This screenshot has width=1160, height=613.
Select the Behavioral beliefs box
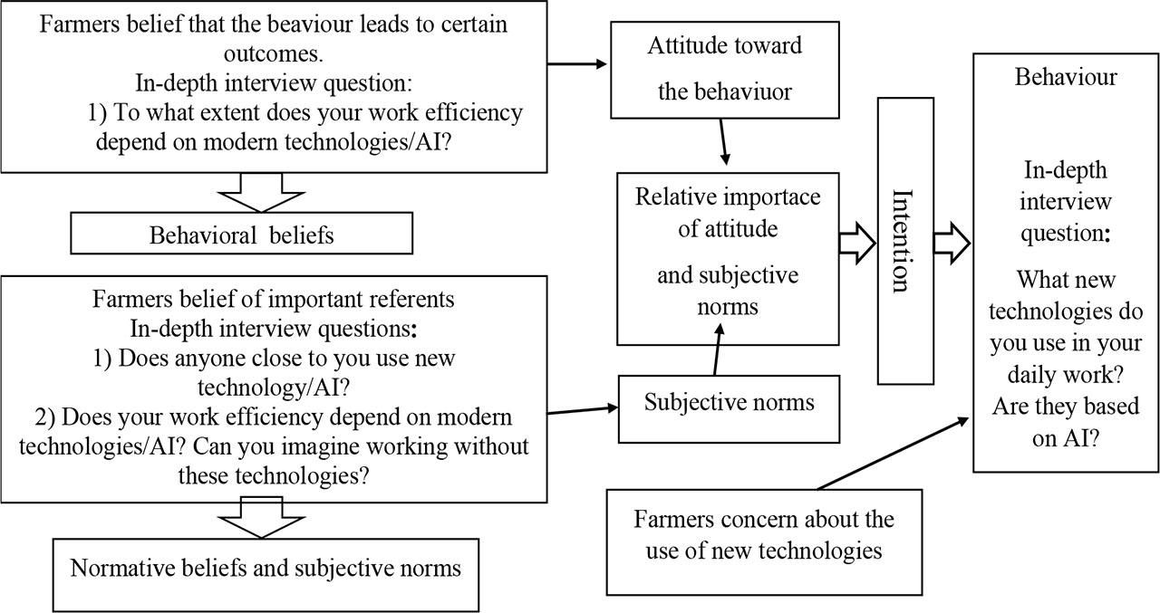(x=241, y=235)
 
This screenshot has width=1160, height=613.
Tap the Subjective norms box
(x=729, y=402)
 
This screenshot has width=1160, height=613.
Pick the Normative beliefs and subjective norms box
(x=266, y=569)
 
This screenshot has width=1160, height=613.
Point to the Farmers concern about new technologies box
(x=763, y=535)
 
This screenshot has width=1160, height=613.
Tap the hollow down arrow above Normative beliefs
(x=264, y=522)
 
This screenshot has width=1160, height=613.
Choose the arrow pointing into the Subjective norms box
(x=580, y=410)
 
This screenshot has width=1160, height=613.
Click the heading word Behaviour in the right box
(x=1065, y=77)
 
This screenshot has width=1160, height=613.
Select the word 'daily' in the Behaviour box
(x=1035, y=373)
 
